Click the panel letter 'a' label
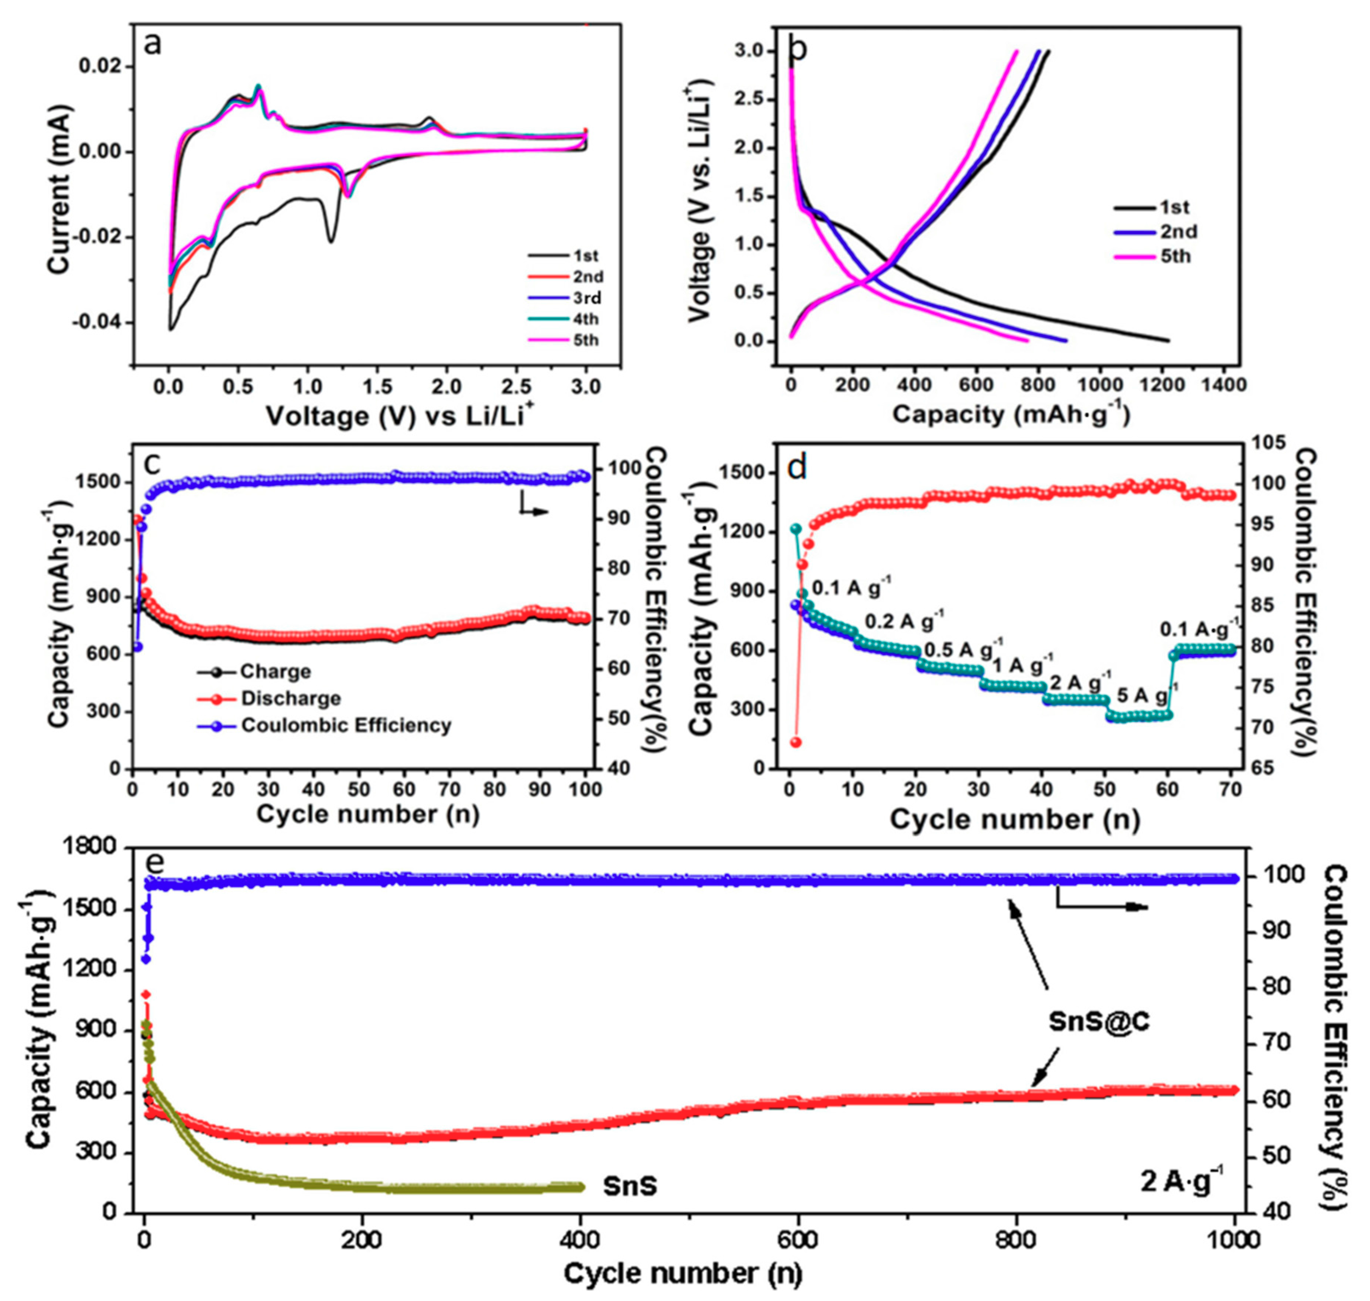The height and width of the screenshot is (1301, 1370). [153, 45]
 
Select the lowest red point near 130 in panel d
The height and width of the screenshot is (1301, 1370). [796, 742]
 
